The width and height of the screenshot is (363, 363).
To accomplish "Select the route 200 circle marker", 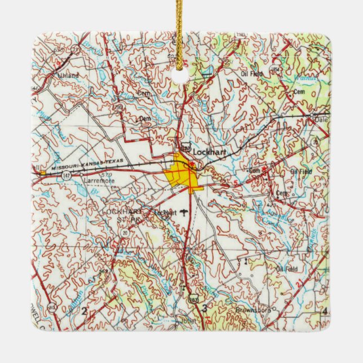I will [117, 106].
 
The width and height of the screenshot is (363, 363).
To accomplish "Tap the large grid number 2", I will [85, 311].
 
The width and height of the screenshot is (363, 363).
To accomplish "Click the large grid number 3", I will [205, 307].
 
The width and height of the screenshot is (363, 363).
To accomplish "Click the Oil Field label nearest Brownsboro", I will [282, 269].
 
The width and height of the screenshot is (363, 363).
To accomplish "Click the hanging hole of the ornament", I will [181, 74].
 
